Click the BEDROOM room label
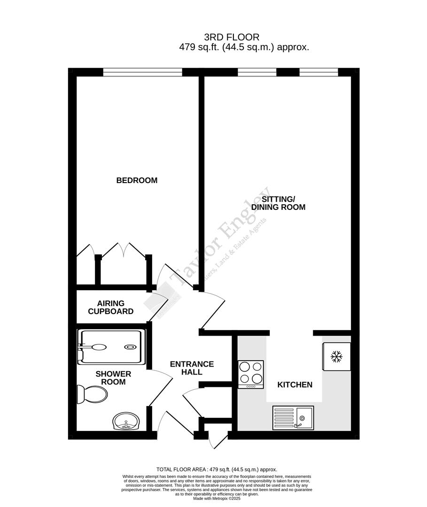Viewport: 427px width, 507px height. click(137, 180)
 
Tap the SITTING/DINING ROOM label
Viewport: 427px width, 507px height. click(278, 203)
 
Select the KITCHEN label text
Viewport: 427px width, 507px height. click(295, 385)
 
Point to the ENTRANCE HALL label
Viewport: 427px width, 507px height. click(192, 368)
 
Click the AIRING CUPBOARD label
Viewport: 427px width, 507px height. click(111, 307)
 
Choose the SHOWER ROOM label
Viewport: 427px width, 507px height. click(113, 378)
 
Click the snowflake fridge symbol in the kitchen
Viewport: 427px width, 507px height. click(336, 357)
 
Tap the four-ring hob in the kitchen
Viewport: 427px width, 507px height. click(251, 373)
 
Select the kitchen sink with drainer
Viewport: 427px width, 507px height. click(293, 417)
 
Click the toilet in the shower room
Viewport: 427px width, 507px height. click(92, 394)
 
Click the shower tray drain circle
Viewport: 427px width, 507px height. click(130, 347)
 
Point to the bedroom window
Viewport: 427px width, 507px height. click(142, 72)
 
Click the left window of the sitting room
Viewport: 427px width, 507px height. click(257, 72)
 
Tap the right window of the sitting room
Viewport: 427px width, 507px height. click(318, 72)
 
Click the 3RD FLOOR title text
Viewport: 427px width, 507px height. click(232, 37)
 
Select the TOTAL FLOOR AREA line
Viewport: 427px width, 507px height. click(217, 469)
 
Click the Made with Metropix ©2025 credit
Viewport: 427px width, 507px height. click(217, 499)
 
